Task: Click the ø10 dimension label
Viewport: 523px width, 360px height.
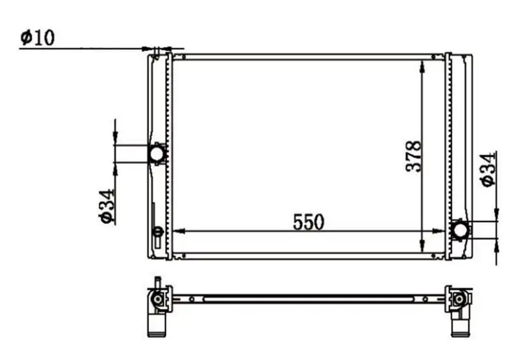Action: (37, 38)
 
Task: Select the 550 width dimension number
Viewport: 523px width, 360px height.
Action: (309, 222)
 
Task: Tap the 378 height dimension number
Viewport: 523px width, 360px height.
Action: (414, 156)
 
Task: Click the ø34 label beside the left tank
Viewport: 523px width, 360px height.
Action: (107, 206)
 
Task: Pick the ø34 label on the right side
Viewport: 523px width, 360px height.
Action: (488, 170)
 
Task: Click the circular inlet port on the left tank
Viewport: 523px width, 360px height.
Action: (156, 154)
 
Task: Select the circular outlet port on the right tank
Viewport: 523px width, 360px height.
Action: (460, 230)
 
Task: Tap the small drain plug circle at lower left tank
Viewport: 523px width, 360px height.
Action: (158, 232)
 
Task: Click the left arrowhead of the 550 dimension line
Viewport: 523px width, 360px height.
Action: (179, 231)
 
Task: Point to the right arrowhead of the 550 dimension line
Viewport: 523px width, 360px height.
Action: (438, 231)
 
